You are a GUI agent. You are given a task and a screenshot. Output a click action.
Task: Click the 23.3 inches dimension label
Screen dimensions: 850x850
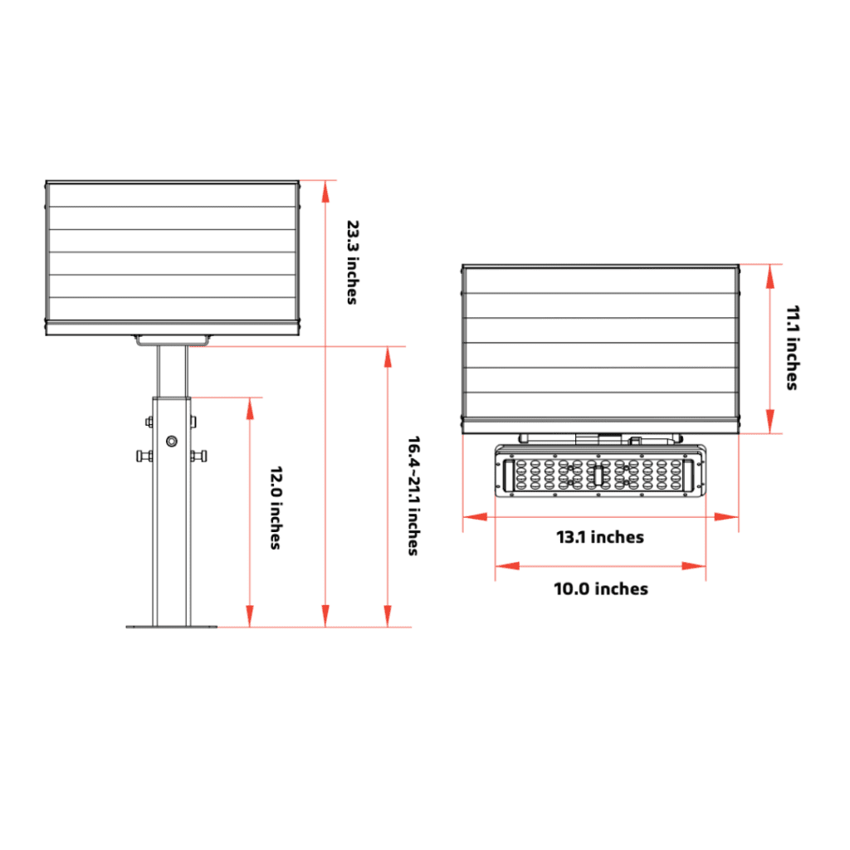click(x=352, y=261)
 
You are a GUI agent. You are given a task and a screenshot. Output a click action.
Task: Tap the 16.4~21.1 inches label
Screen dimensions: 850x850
click(x=413, y=495)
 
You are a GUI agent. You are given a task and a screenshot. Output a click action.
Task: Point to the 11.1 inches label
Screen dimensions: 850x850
click(x=792, y=348)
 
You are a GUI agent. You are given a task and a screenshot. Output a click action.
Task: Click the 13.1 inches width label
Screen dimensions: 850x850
click(x=599, y=537)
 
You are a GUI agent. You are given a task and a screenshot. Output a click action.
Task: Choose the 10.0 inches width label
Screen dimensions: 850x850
click(x=601, y=589)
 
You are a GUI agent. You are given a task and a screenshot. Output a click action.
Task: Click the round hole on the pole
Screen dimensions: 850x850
click(x=172, y=441)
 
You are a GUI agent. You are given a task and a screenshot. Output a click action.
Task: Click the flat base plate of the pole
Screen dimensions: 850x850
click(x=172, y=627)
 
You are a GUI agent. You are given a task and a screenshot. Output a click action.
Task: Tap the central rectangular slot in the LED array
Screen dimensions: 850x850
click(x=598, y=475)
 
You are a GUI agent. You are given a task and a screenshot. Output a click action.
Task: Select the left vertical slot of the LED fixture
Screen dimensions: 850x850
click(x=506, y=474)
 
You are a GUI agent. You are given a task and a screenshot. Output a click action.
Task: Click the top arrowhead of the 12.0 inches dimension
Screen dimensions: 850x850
click(x=249, y=406)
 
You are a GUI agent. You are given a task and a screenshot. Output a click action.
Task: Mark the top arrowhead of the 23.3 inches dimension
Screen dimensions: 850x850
click(x=325, y=188)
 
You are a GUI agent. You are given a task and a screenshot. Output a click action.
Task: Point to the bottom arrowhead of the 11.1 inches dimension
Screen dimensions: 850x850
click(x=771, y=425)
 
